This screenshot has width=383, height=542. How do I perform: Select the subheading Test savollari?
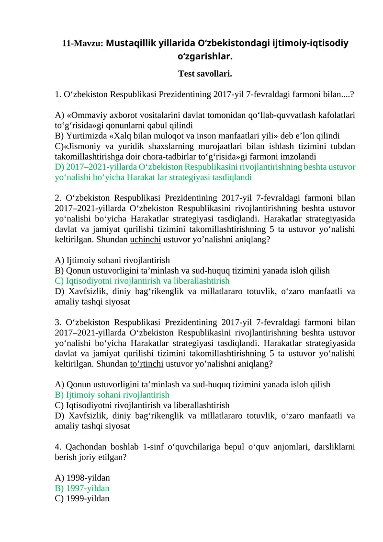205,74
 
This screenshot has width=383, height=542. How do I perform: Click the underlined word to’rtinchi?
147,364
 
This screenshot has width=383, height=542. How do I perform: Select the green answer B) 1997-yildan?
82,488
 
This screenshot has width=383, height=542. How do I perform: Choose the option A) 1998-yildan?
82,478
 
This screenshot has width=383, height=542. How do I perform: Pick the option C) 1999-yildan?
82,498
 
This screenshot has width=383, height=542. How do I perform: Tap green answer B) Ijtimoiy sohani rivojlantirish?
112,395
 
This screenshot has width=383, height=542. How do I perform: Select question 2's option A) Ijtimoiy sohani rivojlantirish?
113,260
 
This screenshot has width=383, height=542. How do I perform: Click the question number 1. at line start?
58,94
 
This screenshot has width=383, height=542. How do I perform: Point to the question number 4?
58,447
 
